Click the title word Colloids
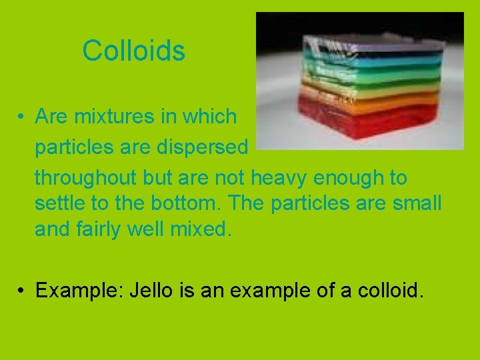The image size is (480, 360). (133, 51)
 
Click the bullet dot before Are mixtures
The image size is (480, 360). (22, 117)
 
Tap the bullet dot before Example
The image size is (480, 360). (22, 291)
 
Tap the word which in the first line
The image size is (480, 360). (213, 117)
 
